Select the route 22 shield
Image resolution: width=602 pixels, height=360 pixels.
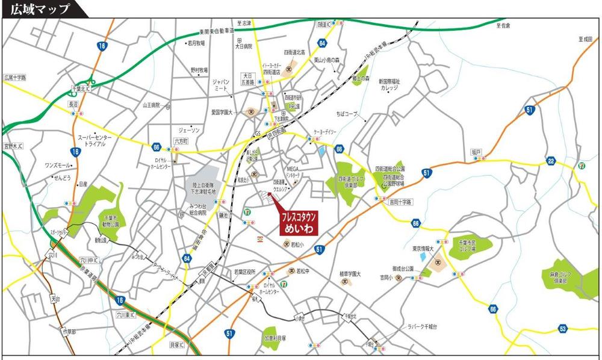tap(551, 161)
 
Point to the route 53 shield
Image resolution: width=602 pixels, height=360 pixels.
tap(562, 328)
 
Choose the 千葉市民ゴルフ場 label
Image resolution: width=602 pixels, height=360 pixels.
tap(463, 244)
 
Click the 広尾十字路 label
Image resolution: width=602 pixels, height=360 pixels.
tap(15, 78)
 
